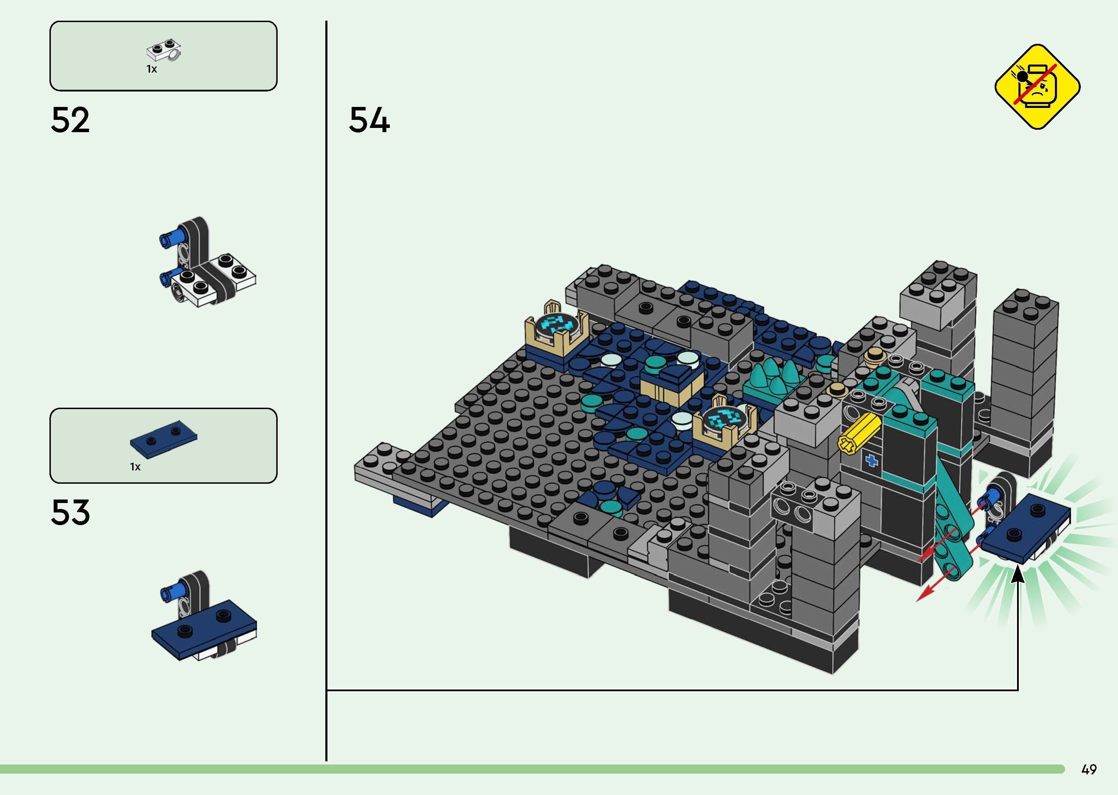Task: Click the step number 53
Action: click(x=70, y=512)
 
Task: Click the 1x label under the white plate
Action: click(x=152, y=69)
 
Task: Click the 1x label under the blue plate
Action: click(x=135, y=467)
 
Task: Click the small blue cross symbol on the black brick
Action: click(x=871, y=460)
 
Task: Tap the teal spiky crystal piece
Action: click(x=773, y=379)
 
